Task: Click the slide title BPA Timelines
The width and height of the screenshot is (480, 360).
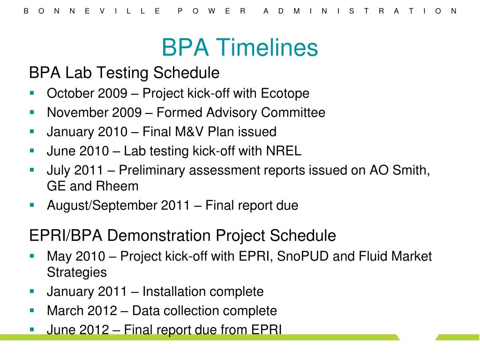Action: tap(240, 48)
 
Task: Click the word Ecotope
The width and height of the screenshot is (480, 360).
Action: tap(285, 94)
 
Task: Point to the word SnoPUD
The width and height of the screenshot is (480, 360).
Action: tap(301, 256)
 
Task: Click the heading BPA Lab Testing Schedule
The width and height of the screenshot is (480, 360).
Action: tap(124, 73)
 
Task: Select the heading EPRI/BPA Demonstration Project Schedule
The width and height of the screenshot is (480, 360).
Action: tap(182, 235)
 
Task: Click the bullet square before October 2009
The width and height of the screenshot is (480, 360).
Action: tap(32, 93)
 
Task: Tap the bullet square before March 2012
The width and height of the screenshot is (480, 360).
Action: tap(32, 310)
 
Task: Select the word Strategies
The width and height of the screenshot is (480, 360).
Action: tap(77, 272)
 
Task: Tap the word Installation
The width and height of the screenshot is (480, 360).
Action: tap(174, 292)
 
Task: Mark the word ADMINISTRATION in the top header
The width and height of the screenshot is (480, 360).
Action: tap(360, 11)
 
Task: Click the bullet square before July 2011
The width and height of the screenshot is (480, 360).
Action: tap(32, 169)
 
